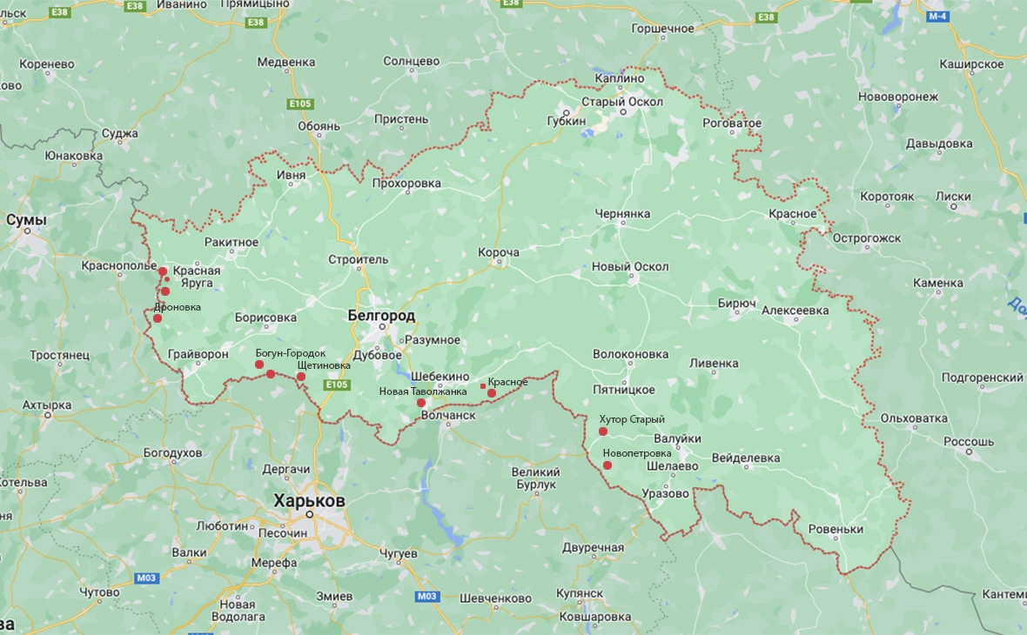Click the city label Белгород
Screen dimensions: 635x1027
pyautogui.click(x=381, y=316)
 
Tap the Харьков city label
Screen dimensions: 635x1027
pyautogui.click(x=309, y=501)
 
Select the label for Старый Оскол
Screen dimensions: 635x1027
pyautogui.click(x=622, y=102)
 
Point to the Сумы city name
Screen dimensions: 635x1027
pyautogui.click(x=26, y=220)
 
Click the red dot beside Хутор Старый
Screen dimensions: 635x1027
pyautogui.click(x=602, y=431)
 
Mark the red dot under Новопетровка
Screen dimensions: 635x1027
pyautogui.click(x=607, y=465)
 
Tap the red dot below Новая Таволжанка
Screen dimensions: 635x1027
pyautogui.click(x=421, y=403)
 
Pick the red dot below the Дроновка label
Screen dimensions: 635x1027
pyautogui.click(x=158, y=318)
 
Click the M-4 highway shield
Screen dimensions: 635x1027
pyautogui.click(x=936, y=17)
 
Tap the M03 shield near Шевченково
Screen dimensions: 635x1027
pyautogui.click(x=426, y=596)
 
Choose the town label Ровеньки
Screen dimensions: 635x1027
pyautogui.click(x=836, y=529)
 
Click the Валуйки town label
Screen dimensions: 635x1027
pyautogui.click(x=677, y=440)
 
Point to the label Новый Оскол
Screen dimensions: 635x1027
pyautogui.click(x=630, y=266)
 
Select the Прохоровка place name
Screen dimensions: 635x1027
pyautogui.click(x=406, y=184)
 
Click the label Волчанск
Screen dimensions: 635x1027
pyautogui.click(x=448, y=416)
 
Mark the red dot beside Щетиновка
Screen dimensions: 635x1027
pyautogui.click(x=301, y=377)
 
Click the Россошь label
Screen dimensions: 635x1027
pyautogui.click(x=969, y=441)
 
